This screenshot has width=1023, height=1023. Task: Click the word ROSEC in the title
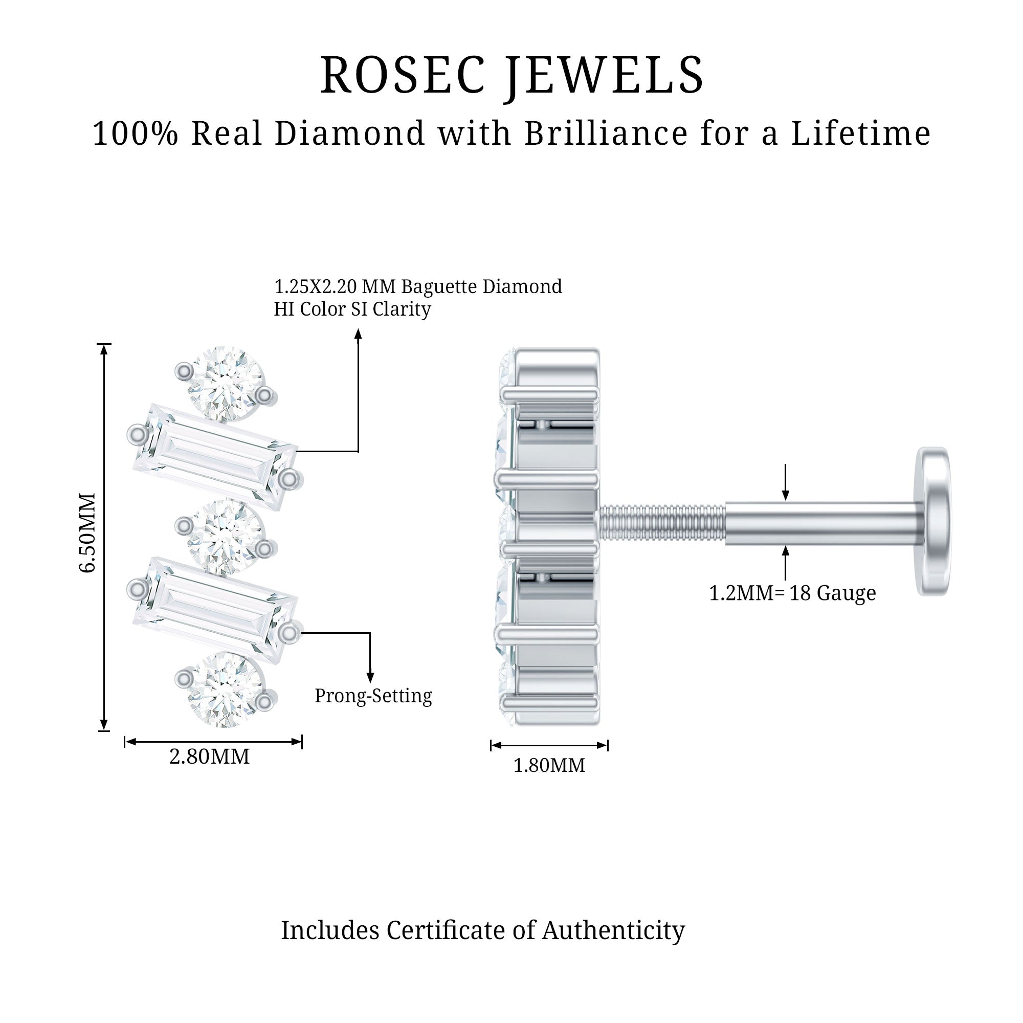tap(403, 76)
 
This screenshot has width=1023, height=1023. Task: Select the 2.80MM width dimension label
tap(209, 757)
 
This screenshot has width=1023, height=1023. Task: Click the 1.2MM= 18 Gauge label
tap(792, 593)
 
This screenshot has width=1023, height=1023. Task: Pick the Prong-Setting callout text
tap(373, 696)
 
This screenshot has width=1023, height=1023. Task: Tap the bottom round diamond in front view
tap(225, 688)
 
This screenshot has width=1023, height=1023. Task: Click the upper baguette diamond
tap(214, 456)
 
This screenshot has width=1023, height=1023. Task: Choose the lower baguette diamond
tap(214, 610)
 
